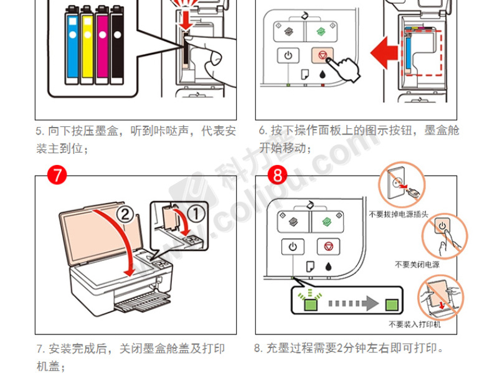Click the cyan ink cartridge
[72, 44]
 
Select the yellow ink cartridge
[87, 44]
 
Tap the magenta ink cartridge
[102, 44]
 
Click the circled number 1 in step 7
[197, 214]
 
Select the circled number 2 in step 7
[124, 215]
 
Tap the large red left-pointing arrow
[385, 52]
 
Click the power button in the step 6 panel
[288, 55]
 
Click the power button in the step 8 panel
[293, 247]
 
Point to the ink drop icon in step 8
[329, 267]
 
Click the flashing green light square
[310, 304]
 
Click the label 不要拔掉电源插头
[399, 214]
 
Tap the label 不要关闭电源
[417, 265]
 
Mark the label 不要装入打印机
[414, 324]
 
